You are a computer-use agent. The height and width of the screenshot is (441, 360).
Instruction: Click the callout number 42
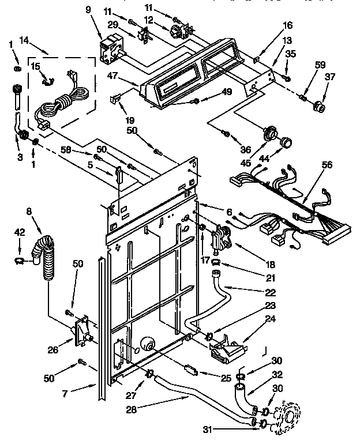coord(19,233)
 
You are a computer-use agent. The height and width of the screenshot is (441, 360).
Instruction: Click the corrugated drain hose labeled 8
coord(44,254)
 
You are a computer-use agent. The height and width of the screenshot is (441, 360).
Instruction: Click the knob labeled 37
coord(317,107)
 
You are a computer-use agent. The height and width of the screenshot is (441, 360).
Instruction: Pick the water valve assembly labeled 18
coord(220,239)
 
